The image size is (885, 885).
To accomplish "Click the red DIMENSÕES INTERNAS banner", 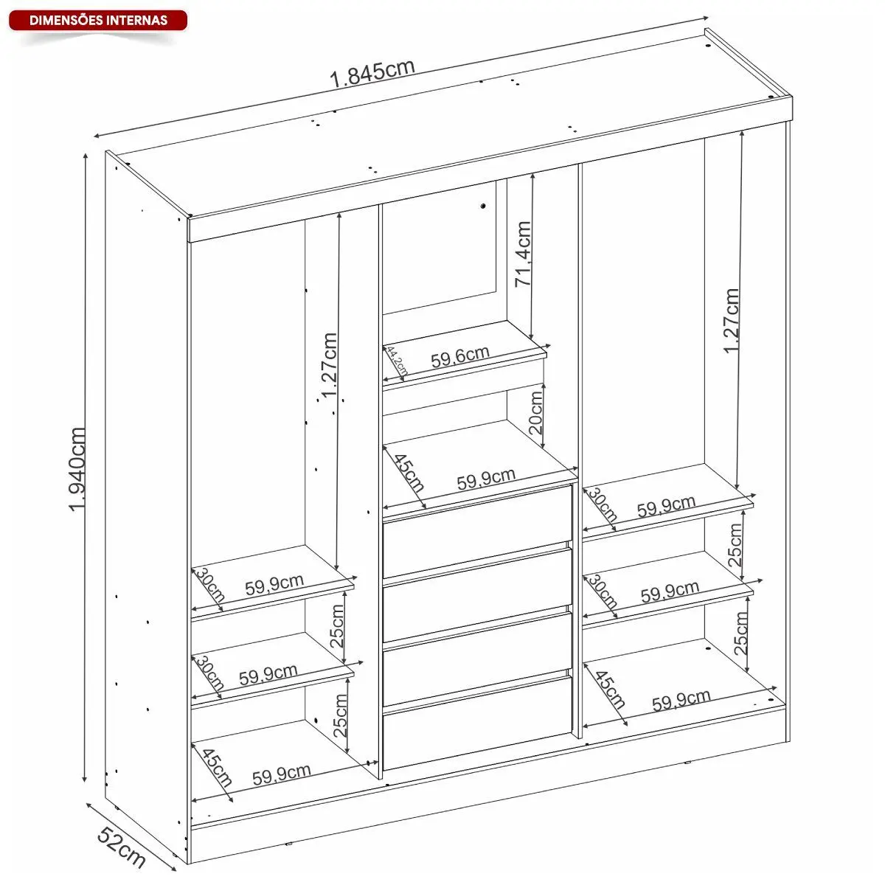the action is (x=98, y=21).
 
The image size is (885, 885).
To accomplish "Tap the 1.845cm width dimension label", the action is (x=372, y=74).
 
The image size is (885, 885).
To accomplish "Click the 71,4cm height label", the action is (x=523, y=254).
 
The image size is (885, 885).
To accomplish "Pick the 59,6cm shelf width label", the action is (x=459, y=357).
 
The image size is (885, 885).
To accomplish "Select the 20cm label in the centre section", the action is (x=535, y=412).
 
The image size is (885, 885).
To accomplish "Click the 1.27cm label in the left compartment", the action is (x=329, y=366).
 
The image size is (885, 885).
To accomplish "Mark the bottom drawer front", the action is (x=478, y=723).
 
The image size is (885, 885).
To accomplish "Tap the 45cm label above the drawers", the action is (x=409, y=473).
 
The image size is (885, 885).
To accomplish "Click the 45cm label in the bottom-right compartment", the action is (x=610, y=690).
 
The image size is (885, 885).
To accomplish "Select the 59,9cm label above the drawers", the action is (x=486, y=479).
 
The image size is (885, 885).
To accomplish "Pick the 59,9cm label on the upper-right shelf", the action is (x=666, y=506).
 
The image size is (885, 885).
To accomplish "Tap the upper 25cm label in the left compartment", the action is (x=337, y=626).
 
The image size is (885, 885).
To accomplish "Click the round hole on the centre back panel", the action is (x=483, y=206).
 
